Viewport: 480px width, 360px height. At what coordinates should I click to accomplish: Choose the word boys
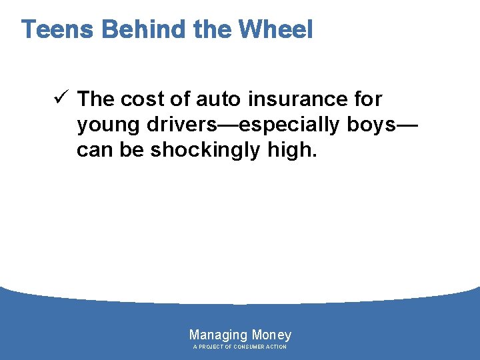[376, 125]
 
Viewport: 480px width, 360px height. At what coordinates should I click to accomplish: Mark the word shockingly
[205, 151]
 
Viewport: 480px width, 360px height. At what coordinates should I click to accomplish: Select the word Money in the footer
[271, 335]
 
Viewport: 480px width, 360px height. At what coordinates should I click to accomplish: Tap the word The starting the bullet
[96, 99]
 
